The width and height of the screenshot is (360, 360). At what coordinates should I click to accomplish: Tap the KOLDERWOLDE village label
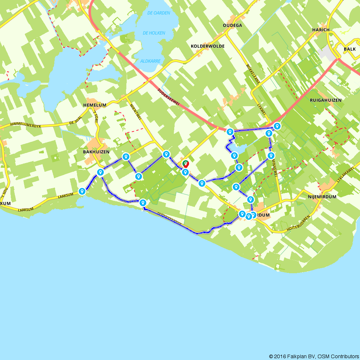pyautogui.click(x=208, y=46)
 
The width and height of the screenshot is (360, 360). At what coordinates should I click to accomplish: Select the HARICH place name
pyautogui.click(x=321, y=30)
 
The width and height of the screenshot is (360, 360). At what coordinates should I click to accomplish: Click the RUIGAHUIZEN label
pyautogui.click(x=325, y=100)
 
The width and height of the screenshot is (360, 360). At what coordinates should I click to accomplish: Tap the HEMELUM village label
pyautogui.click(x=95, y=105)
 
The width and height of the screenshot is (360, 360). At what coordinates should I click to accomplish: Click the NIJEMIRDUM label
pyautogui.click(x=322, y=197)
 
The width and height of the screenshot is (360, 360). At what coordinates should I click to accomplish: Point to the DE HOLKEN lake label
pyautogui.click(x=154, y=33)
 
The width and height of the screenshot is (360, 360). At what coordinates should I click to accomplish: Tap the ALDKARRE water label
pyautogui.click(x=150, y=61)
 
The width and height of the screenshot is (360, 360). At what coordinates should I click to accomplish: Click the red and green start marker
pyautogui.click(x=186, y=164)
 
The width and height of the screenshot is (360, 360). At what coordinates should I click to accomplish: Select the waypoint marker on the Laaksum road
pyautogui.click(x=82, y=191)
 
